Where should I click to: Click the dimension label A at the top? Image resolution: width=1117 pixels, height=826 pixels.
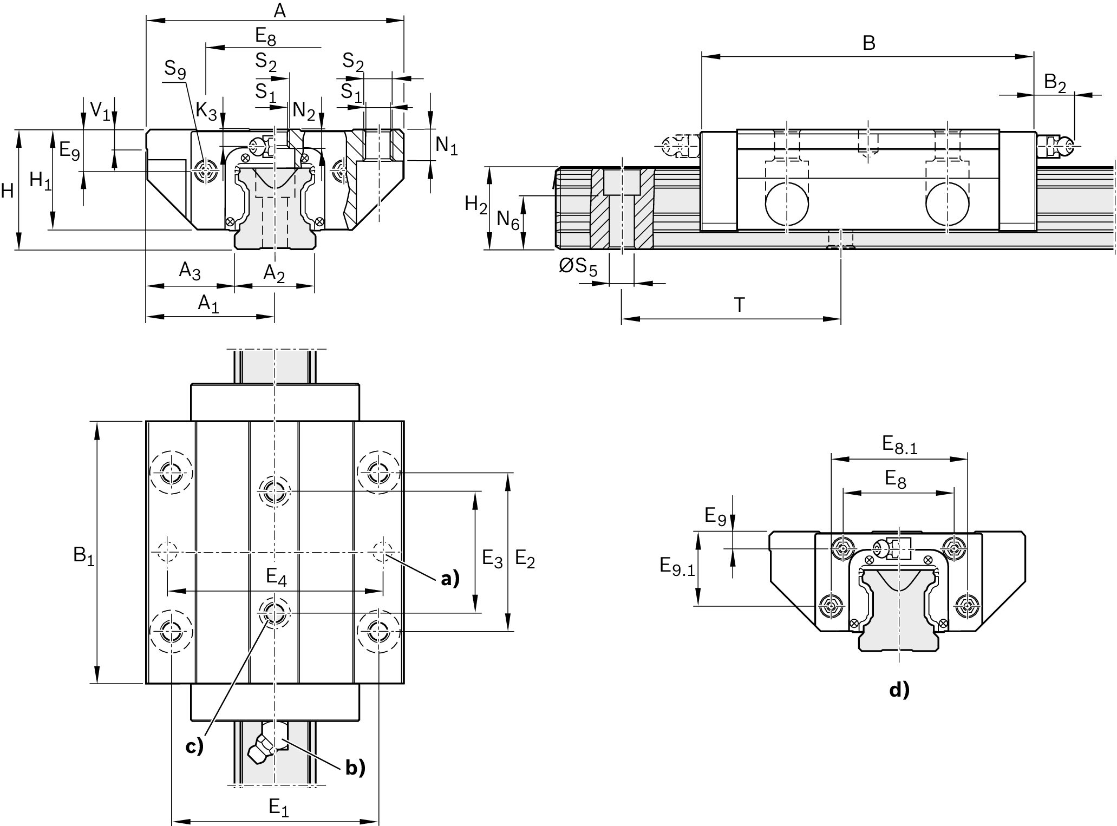click(279, 10)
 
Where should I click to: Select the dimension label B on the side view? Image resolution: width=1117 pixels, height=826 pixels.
click(868, 43)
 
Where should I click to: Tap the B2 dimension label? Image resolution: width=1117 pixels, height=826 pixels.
click(1055, 83)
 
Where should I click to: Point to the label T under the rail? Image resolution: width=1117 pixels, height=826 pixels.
click(739, 305)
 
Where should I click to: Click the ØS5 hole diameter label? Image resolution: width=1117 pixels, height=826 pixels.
click(578, 266)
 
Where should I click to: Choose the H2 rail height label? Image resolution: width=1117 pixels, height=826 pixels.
click(476, 205)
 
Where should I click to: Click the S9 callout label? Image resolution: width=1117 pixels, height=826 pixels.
click(175, 69)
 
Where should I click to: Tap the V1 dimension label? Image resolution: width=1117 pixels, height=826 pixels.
click(100, 110)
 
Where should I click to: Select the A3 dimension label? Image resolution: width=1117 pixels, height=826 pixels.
click(190, 271)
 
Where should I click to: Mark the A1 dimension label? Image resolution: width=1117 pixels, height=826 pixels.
click(208, 303)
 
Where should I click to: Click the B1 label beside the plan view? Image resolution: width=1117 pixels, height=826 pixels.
click(84, 555)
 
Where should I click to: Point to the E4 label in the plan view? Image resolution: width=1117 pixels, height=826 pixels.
click(276, 577)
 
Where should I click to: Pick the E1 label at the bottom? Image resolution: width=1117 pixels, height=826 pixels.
click(278, 808)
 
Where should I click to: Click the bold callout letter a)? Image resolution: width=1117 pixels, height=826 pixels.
click(449, 579)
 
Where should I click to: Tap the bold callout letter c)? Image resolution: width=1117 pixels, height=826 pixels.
click(194, 746)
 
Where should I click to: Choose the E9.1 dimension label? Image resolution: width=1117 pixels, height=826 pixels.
click(677, 567)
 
